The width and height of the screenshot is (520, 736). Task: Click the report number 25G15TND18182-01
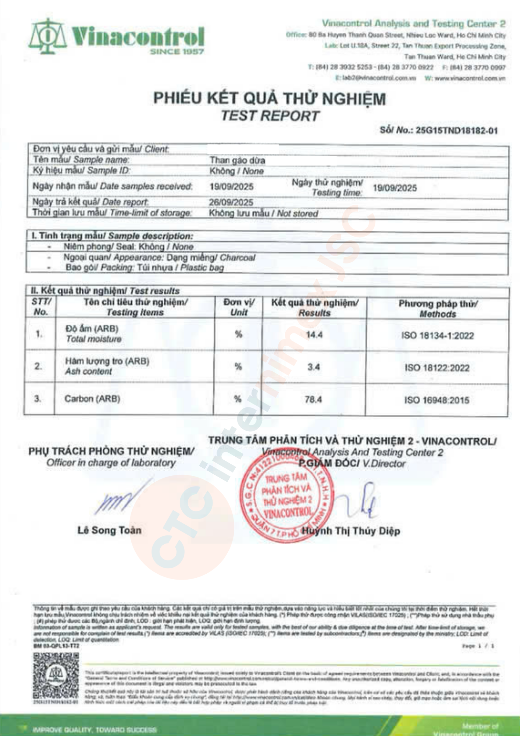click(457, 131)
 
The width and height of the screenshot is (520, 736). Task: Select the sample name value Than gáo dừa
click(237, 160)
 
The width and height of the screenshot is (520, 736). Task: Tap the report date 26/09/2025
click(231, 202)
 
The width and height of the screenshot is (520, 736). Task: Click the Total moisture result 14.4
click(314, 335)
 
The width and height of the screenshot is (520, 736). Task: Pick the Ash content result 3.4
click(313, 367)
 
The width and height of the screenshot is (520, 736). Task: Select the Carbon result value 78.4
click(313, 399)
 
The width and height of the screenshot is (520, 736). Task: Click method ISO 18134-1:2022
click(437, 335)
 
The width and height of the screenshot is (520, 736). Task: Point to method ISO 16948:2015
click(437, 400)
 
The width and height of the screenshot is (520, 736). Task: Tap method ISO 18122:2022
click(437, 368)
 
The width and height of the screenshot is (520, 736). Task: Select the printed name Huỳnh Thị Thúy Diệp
click(351, 531)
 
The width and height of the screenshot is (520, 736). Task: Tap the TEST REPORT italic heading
click(270, 116)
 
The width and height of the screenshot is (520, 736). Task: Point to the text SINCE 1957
click(177, 52)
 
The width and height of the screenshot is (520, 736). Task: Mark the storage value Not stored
click(298, 213)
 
